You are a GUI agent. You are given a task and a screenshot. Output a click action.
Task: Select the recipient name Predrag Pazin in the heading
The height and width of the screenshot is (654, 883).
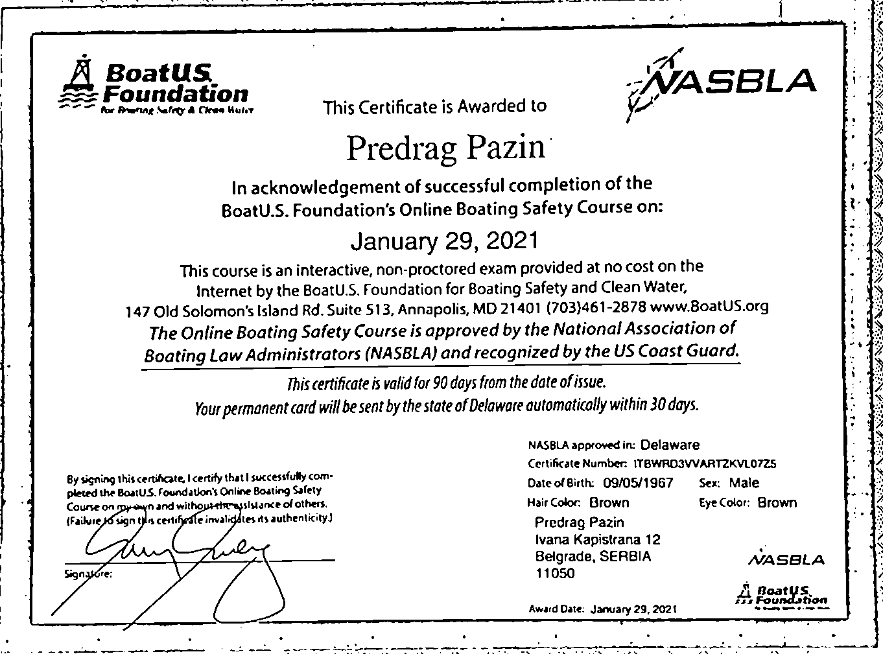coord(446,147)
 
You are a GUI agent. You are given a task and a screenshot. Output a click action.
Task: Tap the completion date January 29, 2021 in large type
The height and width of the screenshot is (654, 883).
coord(444,241)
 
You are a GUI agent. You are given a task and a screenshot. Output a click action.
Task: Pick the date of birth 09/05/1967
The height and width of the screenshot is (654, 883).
coord(638,483)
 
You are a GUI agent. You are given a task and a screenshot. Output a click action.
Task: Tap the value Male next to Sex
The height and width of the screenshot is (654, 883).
coord(744,483)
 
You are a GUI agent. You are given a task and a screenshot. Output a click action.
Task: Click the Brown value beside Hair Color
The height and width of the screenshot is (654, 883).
coord(609,502)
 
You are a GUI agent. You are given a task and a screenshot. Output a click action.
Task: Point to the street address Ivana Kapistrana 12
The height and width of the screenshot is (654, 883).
coord(597,539)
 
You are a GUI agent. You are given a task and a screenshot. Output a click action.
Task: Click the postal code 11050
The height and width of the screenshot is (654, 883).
coord(554,574)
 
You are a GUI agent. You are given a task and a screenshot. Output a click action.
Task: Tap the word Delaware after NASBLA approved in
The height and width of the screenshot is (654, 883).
coord(670,445)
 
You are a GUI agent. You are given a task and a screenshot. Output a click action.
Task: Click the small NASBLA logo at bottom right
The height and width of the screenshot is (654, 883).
coord(786,559)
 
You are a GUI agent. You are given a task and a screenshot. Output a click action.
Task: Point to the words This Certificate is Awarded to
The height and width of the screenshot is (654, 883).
coord(434,106)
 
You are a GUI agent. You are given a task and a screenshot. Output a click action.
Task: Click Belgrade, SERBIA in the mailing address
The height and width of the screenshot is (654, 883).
coord(593,556)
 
